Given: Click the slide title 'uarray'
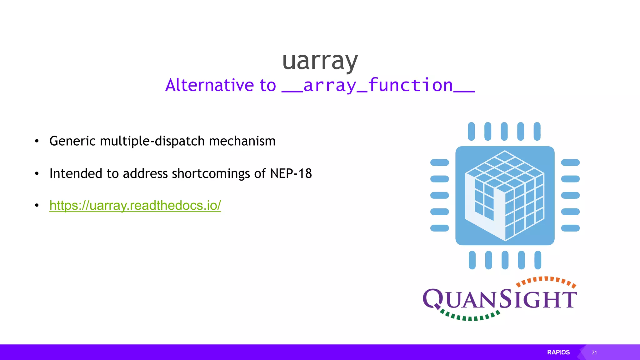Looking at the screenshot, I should (320, 61).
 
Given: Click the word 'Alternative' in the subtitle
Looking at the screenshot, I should (209, 85).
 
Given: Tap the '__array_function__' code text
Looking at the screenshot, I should (378, 85).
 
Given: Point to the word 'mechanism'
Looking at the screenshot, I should (242, 141).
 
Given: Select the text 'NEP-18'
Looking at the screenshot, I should (291, 173).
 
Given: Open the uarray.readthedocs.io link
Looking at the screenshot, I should (135, 205).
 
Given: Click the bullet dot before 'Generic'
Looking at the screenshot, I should (37, 141).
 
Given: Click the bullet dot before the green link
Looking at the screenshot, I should (37, 205).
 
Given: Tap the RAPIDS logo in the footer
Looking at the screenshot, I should (558, 352).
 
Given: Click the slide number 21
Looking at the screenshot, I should (594, 352).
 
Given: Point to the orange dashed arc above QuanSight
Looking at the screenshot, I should (546, 280).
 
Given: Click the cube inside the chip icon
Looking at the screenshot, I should (505, 196).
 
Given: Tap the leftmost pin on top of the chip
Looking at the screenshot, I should (471, 131).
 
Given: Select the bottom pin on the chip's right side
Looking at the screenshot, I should (570, 228).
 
